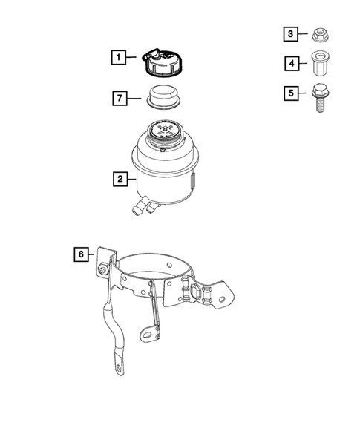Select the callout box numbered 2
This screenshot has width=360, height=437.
(118, 179)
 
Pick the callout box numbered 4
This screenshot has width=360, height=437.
(292, 64)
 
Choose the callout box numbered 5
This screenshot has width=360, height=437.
(292, 94)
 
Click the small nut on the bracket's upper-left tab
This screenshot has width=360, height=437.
(99, 270)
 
